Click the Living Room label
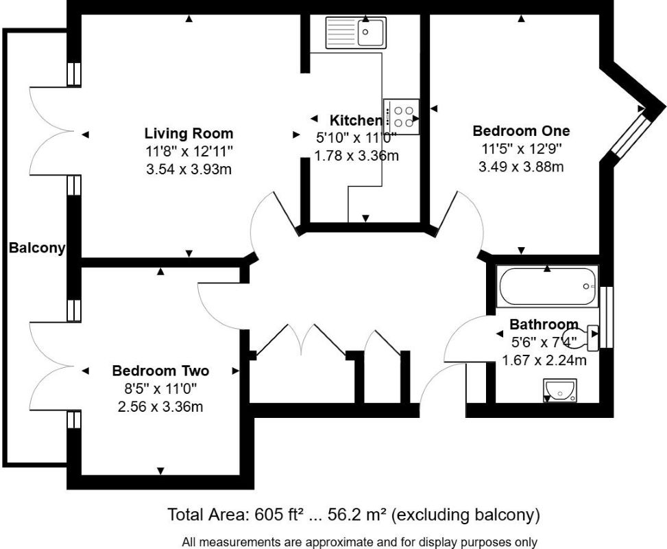pyautogui.click(x=189, y=133)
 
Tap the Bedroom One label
pyautogui.click(x=521, y=130)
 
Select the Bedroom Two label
pyautogui.click(x=160, y=371)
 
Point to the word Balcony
pyautogui.click(x=37, y=248)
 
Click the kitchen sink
pyautogui.click(x=356, y=32)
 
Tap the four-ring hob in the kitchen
pyautogui.click(x=402, y=116)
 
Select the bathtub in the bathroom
pyautogui.click(x=547, y=288)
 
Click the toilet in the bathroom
pyautogui.click(x=589, y=334)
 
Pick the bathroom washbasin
pyautogui.click(x=559, y=390)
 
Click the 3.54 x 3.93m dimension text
pyautogui.click(x=189, y=168)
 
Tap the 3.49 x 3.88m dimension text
pyautogui.click(x=521, y=166)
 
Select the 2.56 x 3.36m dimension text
pyautogui.click(x=160, y=406)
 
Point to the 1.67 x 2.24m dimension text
pyautogui.click(x=544, y=360)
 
